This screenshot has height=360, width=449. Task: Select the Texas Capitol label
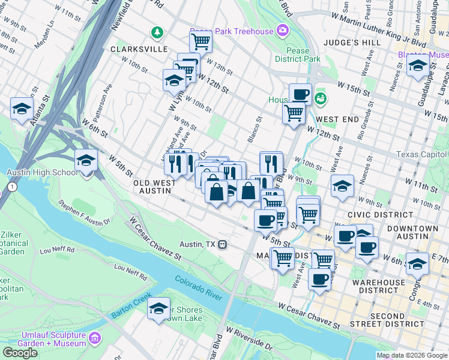click(423, 154)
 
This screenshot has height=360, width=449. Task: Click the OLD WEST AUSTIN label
click(155, 187)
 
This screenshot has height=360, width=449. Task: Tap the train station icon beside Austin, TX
click(223, 244)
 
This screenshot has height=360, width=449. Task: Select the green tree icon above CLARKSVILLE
click(157, 31)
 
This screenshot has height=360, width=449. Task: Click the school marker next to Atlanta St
click(22, 109)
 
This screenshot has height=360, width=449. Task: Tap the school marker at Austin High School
click(86, 161)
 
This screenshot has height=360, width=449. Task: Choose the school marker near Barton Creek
click(158, 308)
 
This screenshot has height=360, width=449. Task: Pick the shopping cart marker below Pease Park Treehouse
click(200, 41)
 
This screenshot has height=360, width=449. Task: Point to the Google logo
click(20, 353)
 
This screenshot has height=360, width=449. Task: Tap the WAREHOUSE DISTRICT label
click(378, 287)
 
